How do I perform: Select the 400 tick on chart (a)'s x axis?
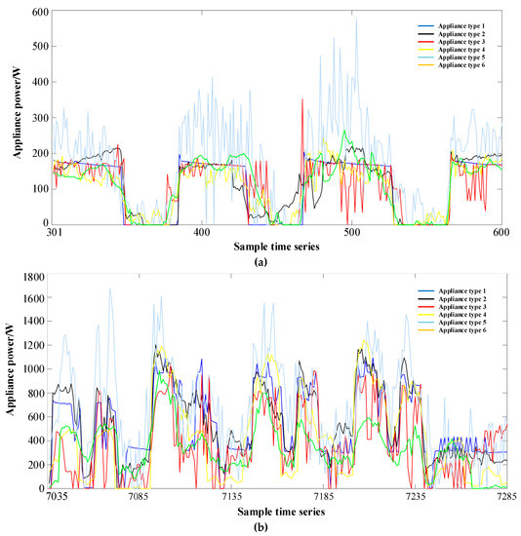(x=201, y=234)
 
